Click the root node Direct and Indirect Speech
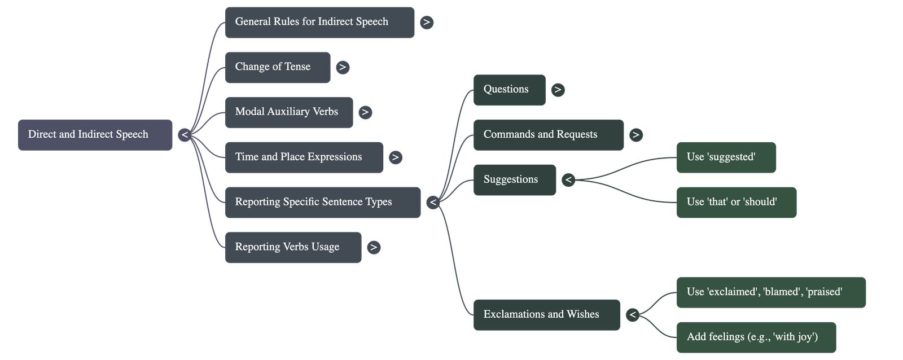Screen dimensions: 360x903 [95, 135]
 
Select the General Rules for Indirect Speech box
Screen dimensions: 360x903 [319, 23]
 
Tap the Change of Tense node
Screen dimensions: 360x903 [278, 67]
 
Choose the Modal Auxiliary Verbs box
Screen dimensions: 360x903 [289, 112]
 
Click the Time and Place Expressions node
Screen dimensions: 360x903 [304, 157]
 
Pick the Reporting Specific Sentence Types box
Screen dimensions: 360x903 [322, 202]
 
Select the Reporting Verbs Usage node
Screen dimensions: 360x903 [293, 247]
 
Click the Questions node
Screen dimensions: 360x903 [509, 90]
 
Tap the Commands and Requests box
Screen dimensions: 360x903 [549, 135]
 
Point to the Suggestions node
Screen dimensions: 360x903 [515, 180]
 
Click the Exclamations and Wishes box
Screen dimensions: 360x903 [546, 315]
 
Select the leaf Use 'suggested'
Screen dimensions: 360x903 [726, 157]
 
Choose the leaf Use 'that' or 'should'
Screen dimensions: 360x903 [736, 202]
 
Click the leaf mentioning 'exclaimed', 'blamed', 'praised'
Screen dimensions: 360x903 [770, 292]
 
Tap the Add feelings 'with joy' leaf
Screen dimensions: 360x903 [756, 337]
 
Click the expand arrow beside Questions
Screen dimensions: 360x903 [558, 90]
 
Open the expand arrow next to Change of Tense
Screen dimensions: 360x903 [342, 67]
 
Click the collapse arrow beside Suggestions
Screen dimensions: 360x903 [568, 180]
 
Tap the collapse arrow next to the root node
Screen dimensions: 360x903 [185, 135]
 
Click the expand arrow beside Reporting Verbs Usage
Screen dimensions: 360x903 [373, 247]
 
